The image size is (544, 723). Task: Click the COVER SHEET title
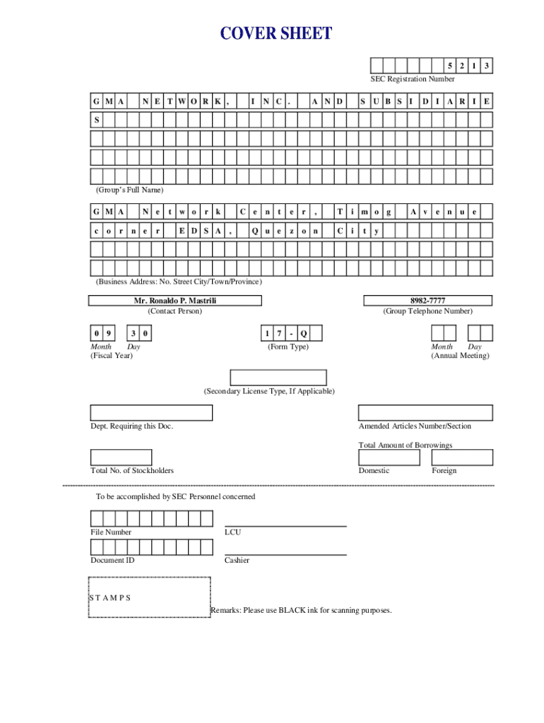pos(276,33)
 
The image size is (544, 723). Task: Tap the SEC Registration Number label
pos(413,79)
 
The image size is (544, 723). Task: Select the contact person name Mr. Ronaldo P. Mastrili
pos(175,301)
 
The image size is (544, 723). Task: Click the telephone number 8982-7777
pos(427,301)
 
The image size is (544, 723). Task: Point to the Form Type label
pos(288,347)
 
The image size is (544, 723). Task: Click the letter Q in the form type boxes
pos(303,333)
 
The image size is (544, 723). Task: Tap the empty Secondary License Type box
pos(278,378)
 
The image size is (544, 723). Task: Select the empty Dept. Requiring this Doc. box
pos(151,413)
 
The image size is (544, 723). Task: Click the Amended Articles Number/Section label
pos(415,426)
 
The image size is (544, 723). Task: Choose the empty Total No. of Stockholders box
pos(121,458)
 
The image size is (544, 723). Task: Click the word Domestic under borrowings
pos(374,470)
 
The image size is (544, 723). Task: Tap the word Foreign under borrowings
pos(444,470)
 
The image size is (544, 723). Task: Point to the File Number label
pos(111,532)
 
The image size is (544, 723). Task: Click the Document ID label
pos(112,560)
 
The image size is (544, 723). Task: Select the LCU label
pos(232,532)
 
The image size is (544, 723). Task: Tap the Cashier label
pos(237,560)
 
